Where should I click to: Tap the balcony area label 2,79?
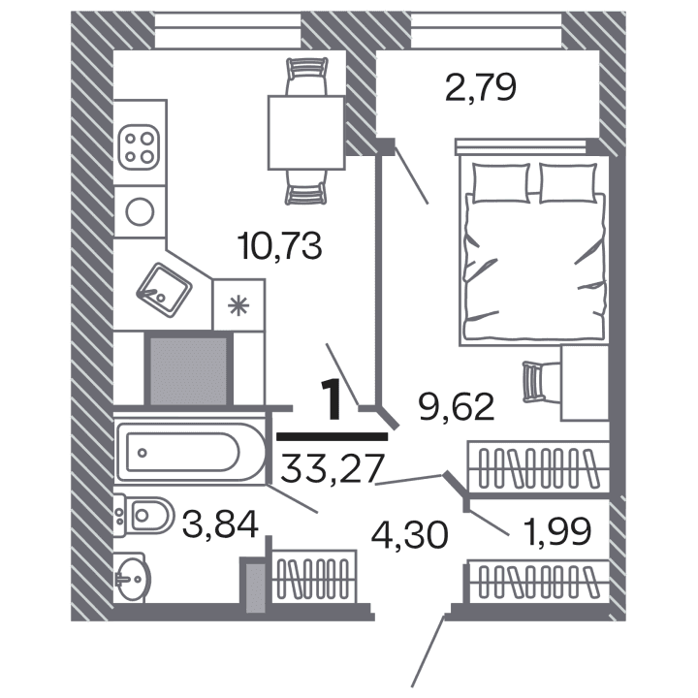480,88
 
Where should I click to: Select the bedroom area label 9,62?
455,403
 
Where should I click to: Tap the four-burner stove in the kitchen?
138,147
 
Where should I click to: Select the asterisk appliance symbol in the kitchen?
237,306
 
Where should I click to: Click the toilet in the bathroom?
143,514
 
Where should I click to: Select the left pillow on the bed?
500,182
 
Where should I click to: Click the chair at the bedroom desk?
535,380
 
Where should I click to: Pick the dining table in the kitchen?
306,132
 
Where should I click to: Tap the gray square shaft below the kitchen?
189,369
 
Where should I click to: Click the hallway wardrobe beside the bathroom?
310,581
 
